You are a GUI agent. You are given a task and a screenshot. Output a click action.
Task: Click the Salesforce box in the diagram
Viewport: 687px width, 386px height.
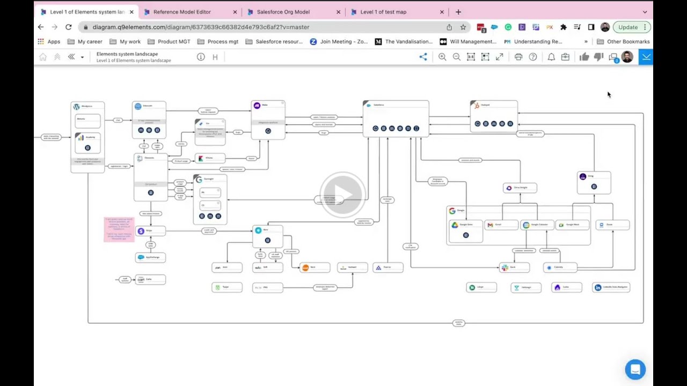click(396, 118)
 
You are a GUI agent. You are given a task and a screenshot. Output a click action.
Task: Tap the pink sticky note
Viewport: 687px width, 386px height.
click(119, 229)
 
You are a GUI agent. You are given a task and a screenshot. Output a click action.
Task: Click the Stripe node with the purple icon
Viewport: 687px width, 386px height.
click(150, 231)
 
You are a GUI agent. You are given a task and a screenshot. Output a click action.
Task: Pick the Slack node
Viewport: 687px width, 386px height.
click(514, 268)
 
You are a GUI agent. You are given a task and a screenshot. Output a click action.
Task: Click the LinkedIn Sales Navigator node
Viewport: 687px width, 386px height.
click(611, 287)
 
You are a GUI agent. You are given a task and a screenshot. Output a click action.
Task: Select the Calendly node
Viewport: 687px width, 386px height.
click(560, 268)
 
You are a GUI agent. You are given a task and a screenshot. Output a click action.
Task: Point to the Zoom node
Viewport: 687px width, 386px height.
click(612, 225)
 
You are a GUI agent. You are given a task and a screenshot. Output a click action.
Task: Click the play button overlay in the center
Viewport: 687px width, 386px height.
click(343, 194)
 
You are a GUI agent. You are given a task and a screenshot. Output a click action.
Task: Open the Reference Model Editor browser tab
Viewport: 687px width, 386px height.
click(182, 12)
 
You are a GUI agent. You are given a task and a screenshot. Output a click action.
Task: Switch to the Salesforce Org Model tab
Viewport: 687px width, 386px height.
click(283, 12)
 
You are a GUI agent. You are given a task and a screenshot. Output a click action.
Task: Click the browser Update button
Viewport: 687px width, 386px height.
click(627, 27)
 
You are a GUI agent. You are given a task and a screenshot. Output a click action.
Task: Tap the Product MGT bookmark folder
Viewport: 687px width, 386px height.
click(173, 41)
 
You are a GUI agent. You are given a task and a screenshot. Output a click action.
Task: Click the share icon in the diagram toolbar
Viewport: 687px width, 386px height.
click(423, 57)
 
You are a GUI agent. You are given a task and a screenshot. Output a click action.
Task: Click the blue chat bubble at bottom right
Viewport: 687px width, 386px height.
click(635, 369)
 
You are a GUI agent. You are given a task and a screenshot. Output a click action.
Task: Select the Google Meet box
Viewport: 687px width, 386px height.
click(572, 225)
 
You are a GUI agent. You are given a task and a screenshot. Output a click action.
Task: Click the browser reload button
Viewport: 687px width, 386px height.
click(69, 27)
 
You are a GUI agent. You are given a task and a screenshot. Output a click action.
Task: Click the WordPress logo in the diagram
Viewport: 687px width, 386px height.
click(76, 107)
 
